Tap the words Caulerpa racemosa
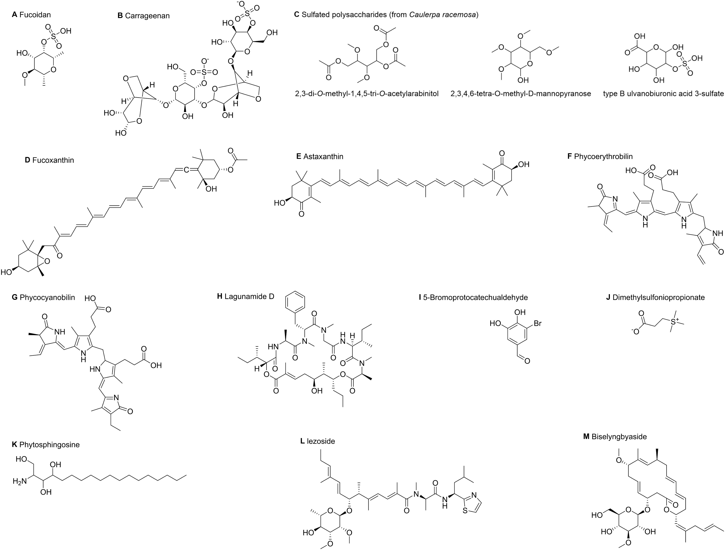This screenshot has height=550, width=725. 442,15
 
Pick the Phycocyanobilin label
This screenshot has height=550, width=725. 47,298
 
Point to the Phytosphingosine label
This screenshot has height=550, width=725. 49,445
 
